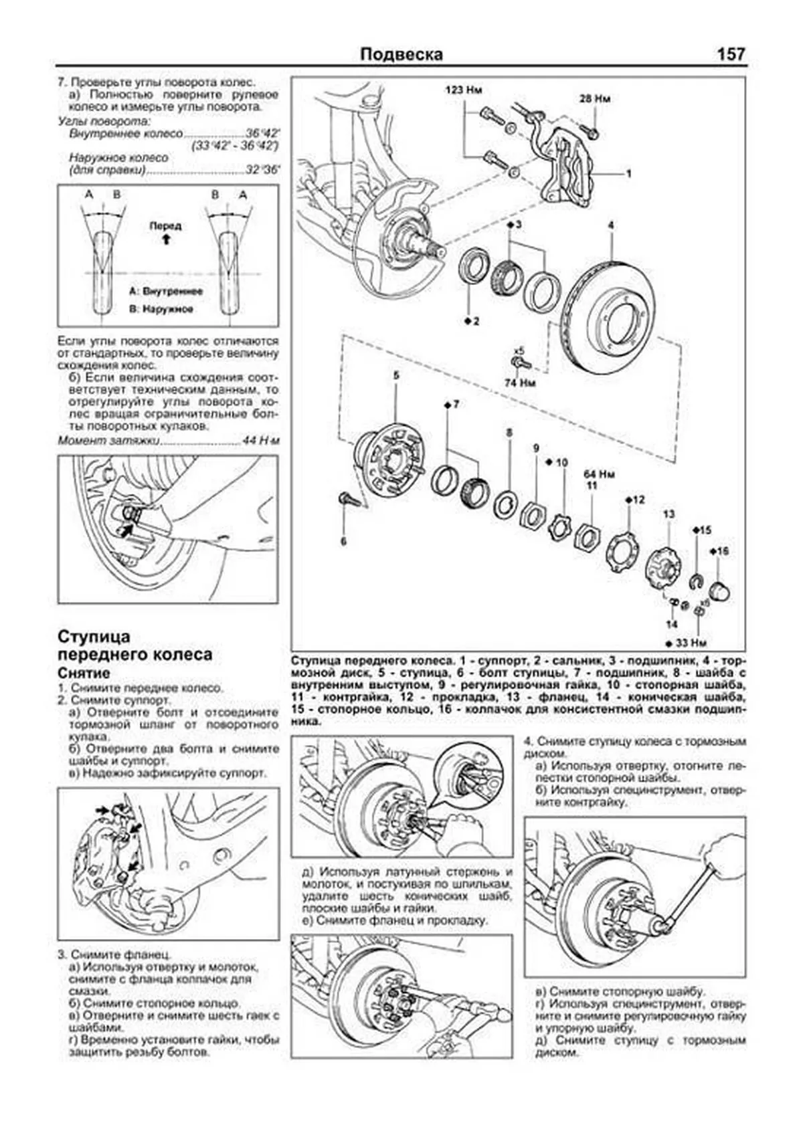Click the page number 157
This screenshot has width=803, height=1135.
[731, 54]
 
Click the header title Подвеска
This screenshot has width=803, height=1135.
[401, 54]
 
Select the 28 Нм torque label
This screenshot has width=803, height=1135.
[595, 99]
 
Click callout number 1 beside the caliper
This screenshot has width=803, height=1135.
[628, 174]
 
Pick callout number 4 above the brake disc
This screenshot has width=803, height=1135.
[610, 225]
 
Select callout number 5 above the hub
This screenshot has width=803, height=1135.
[396, 376]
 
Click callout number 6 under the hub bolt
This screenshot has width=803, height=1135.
[343, 541]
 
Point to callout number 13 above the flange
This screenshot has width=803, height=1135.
[669, 514]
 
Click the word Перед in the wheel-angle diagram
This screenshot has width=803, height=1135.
[165, 225]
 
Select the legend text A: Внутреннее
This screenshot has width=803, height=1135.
[165, 292]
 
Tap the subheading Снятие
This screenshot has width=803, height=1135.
[84, 673]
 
